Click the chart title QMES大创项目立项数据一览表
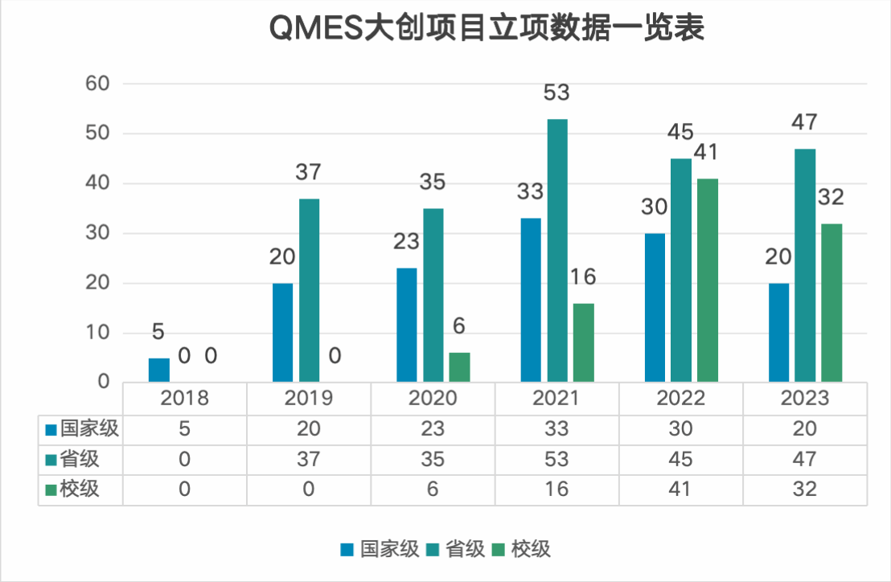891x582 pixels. click(487, 28)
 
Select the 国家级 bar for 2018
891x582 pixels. click(159, 371)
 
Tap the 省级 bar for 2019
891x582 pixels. click(309, 290)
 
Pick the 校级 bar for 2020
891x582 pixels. click(459, 367)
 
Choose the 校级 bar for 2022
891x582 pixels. click(708, 281)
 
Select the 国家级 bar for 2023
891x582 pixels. click(779, 333)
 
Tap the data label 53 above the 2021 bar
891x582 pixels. click(556, 92)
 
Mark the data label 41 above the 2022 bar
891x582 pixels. click(708, 153)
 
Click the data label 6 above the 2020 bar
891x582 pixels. click(459, 326)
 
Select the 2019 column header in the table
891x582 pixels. click(309, 399)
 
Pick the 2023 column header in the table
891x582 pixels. click(805, 399)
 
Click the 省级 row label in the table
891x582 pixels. click(80, 459)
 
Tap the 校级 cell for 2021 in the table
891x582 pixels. click(556, 489)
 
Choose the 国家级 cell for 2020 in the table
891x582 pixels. click(433, 429)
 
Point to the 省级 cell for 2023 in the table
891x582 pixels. click(805, 459)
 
